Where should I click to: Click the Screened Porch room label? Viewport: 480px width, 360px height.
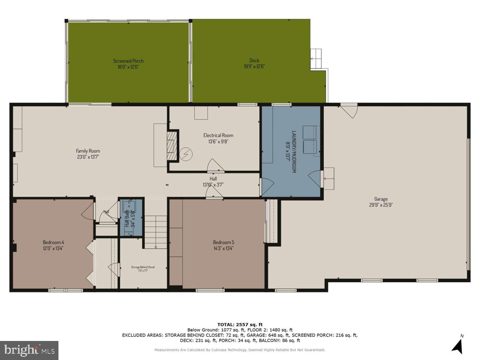coord(128,61)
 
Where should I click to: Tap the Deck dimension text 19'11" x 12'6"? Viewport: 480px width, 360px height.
coord(254,67)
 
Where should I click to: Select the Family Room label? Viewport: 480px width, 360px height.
coord(88,151)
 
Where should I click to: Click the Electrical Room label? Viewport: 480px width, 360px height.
coord(218,135)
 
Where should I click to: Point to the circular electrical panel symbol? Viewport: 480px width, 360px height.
coord(186,154)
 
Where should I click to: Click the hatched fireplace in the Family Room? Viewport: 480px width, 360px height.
coord(172,145)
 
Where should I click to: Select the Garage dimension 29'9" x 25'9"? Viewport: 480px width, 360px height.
coord(381,205)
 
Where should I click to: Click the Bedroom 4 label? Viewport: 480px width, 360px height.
coord(53,242)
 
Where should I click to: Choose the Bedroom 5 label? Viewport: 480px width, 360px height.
coord(223,242)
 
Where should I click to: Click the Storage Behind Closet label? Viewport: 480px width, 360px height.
coord(143,267)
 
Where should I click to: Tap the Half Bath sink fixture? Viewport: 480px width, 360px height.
coord(129,206)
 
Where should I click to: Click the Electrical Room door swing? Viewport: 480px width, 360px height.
coord(215,166)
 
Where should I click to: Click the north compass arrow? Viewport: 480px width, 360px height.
coord(457,346)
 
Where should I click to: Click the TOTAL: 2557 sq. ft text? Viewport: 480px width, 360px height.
coord(240,325)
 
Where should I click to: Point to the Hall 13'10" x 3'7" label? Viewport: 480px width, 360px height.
coord(213,182)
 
